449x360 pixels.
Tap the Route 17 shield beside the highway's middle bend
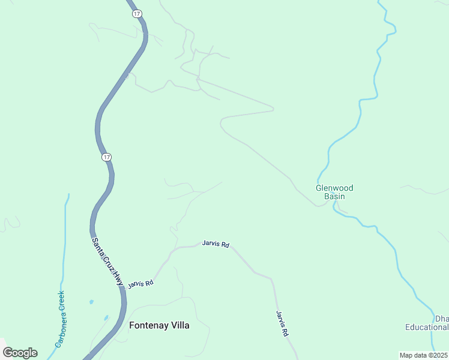(106, 157)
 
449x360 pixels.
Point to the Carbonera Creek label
(61, 319)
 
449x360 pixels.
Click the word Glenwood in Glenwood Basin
(334, 188)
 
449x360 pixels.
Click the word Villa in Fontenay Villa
(179, 325)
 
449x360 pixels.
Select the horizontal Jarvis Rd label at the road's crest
(215, 244)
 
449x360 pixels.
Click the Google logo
(20, 353)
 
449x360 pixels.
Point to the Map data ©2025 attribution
(423, 355)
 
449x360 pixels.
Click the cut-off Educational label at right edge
(427, 327)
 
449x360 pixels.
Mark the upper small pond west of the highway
(91, 301)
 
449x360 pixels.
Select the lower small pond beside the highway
(106, 317)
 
